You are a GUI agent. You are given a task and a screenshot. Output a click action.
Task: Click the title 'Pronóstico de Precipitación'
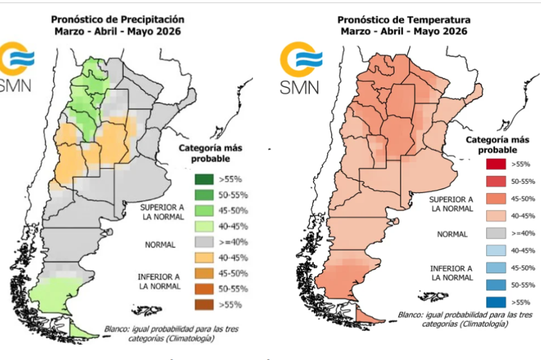coord(117,19)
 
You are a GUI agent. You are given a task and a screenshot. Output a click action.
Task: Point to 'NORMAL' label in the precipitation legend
coord(160,245)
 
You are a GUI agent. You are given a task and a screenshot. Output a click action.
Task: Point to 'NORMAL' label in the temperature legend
coord(452,234)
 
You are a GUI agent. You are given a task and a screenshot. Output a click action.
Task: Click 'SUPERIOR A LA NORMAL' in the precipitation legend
coord(160,213)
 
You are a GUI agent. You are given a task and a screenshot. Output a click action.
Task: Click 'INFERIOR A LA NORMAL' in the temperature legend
coord(451,273)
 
